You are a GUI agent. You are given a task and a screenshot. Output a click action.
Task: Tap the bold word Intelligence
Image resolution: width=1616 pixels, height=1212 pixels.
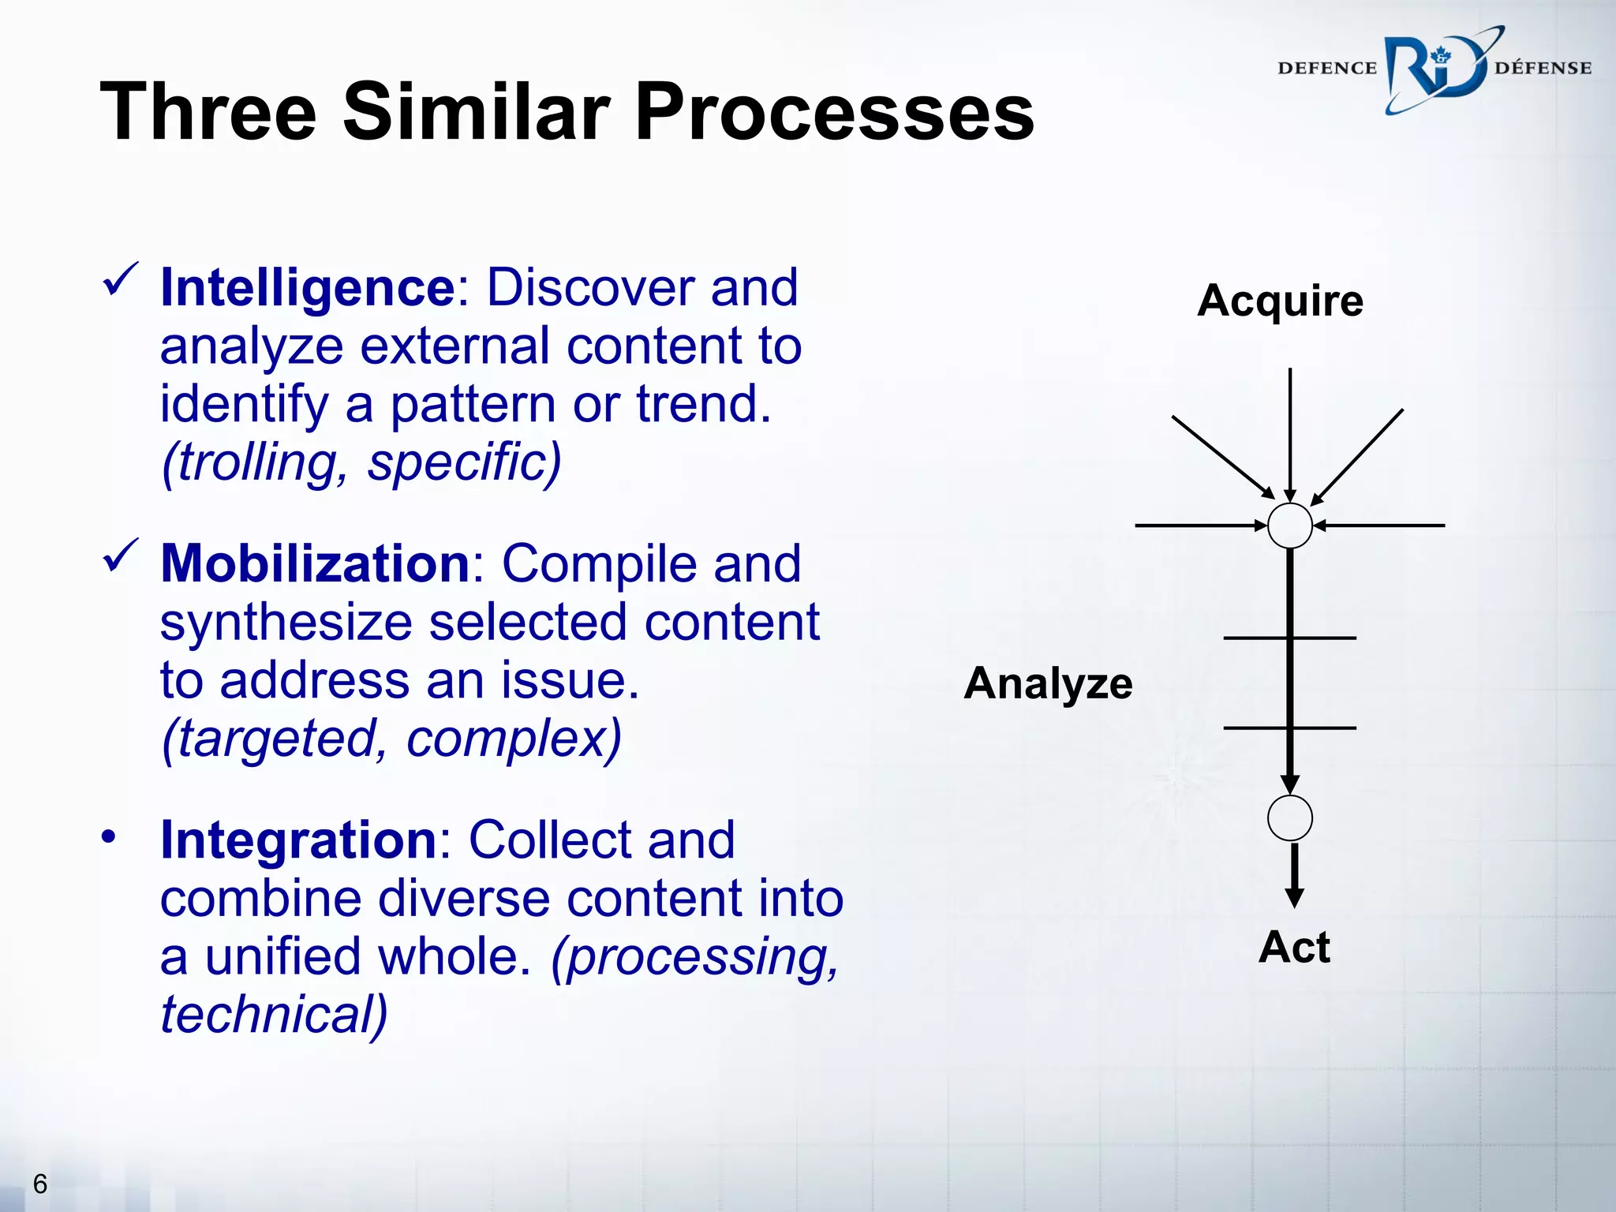pyautogui.click(x=307, y=288)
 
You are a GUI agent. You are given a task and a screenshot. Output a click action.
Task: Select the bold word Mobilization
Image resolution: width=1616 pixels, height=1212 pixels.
pyautogui.click(x=315, y=564)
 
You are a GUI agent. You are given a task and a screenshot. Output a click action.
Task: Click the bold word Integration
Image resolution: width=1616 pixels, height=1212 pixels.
pyautogui.click(x=298, y=840)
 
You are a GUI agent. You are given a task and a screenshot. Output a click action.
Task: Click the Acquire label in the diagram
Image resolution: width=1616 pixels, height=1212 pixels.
pyautogui.click(x=1280, y=301)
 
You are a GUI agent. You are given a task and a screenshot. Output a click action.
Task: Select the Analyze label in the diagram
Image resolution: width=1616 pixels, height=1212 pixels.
pyautogui.click(x=1048, y=683)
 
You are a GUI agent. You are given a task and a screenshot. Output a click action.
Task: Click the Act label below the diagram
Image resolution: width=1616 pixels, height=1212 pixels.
pyautogui.click(x=1294, y=948)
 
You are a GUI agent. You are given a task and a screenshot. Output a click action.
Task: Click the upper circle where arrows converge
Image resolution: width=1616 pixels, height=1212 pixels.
pyautogui.click(x=1289, y=526)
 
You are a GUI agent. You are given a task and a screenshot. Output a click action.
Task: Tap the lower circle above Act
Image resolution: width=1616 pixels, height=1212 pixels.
pyautogui.click(x=1289, y=818)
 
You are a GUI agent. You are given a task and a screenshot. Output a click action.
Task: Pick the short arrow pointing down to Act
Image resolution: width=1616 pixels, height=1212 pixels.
pyautogui.click(x=1294, y=876)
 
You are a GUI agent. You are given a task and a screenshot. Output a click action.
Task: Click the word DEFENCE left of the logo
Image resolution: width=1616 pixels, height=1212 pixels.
pyautogui.click(x=1326, y=69)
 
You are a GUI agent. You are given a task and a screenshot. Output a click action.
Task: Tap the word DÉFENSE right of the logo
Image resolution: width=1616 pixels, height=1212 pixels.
pyautogui.click(x=1543, y=69)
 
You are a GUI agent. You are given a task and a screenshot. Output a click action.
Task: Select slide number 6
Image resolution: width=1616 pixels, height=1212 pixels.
pyautogui.click(x=39, y=1184)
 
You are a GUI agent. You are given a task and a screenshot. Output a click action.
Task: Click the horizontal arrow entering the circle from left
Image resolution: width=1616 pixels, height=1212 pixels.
pyautogui.click(x=1199, y=526)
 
